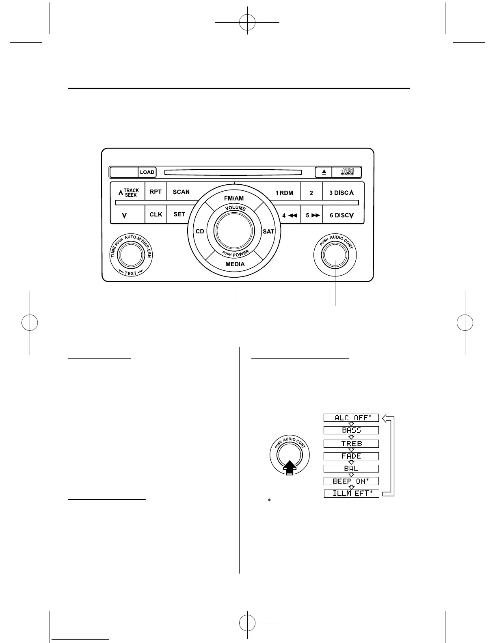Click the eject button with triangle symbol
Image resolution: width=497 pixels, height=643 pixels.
(324, 172)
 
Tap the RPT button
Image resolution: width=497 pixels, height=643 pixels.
(156, 192)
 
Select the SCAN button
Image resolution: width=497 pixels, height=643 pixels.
(181, 192)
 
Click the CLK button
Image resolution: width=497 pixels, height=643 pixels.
(156, 214)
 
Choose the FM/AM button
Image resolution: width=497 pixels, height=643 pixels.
(234, 199)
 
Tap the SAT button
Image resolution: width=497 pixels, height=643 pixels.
(268, 231)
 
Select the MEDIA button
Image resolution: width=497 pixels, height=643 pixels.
(235, 264)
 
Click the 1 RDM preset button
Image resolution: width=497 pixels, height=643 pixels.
(284, 193)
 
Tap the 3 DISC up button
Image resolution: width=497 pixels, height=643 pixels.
(341, 193)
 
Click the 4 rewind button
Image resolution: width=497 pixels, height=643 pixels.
(290, 215)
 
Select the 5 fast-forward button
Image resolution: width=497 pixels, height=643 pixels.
(313, 215)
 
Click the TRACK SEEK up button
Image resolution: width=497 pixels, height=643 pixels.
(128, 192)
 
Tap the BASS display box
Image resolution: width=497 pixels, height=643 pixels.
(351, 430)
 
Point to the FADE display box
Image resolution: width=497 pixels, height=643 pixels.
(351, 456)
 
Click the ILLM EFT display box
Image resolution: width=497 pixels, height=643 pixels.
(351, 494)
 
